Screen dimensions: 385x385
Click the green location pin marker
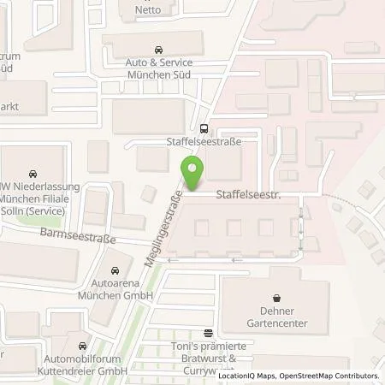click(194, 174)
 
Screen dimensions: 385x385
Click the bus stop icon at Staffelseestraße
click(204, 130)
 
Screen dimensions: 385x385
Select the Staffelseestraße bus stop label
click(203, 143)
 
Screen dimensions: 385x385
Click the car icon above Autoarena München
click(116, 271)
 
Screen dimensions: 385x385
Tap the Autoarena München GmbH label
click(116, 290)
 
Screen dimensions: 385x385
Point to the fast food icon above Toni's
click(207, 333)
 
